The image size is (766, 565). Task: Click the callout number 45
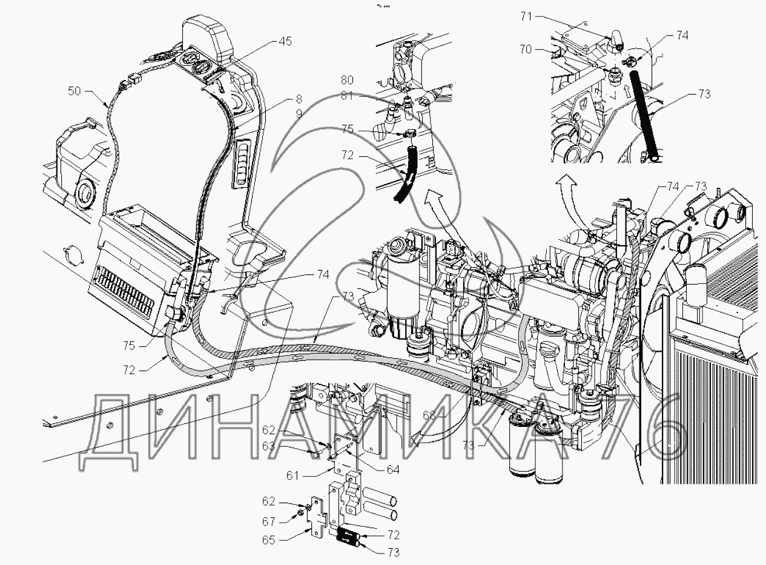[x=285, y=42]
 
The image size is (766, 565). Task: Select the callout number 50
[x=74, y=91]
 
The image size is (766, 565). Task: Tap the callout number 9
[x=299, y=112]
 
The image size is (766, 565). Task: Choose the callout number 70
[x=525, y=50]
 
